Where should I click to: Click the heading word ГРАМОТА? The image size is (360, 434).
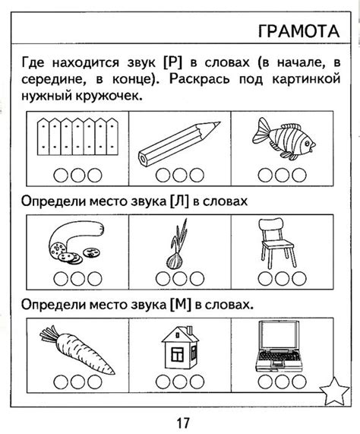298,31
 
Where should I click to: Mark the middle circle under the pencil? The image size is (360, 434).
178,176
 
